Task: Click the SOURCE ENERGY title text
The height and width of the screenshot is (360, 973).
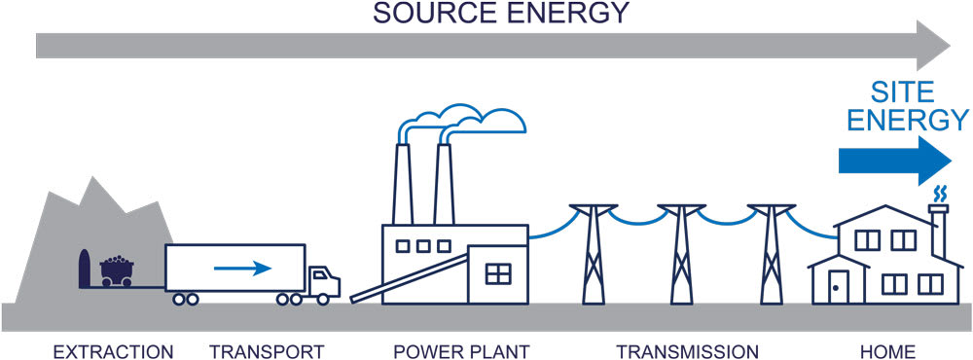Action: coord(501,14)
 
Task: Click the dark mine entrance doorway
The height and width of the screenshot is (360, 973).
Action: coord(84,269)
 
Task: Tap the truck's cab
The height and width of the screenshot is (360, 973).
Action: coord(324,281)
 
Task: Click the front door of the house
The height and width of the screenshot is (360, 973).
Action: coord(838,285)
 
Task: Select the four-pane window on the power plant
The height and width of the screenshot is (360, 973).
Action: coord(497,273)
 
